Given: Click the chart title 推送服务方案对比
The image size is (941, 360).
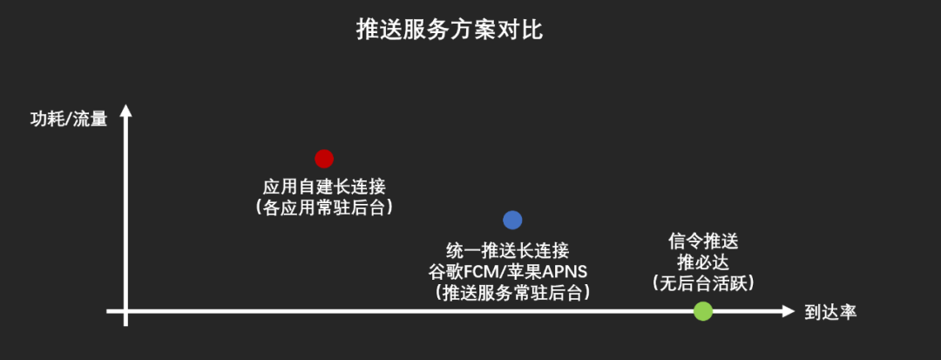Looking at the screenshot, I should (x=450, y=31).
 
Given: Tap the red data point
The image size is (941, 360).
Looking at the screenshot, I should (x=324, y=158).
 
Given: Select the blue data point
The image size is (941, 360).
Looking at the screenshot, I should (x=512, y=221).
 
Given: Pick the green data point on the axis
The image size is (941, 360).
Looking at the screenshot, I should (x=703, y=311).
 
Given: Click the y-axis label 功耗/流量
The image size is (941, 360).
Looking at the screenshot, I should (x=69, y=119).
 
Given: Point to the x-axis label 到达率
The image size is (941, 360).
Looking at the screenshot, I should (x=830, y=312).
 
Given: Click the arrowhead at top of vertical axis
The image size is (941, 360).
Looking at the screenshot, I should (x=126, y=110).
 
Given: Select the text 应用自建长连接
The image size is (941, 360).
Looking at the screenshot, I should (x=324, y=187).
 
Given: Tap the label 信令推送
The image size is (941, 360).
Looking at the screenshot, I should (x=703, y=241).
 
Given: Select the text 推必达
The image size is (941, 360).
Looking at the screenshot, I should (x=703, y=262).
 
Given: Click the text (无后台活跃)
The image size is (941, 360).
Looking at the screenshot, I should (x=703, y=283).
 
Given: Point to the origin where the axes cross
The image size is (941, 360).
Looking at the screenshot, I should (x=126, y=311).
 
